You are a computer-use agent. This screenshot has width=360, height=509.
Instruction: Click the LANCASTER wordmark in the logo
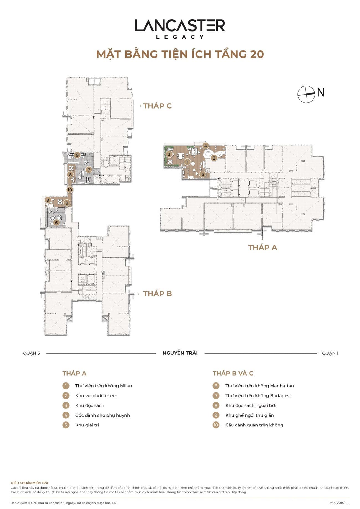180,25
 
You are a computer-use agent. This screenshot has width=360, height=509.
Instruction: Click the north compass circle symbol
306,94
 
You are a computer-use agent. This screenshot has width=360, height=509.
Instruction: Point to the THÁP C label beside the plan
157,106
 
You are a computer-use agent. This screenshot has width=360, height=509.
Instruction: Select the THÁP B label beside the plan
158,294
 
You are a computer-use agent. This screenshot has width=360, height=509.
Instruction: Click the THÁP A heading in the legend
74,373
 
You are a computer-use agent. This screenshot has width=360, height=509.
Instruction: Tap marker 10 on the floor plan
70,190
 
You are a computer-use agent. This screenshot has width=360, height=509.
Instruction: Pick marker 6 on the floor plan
56,222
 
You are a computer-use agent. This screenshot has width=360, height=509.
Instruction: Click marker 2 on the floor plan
214,158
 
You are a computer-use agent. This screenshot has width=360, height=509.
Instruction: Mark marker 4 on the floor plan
205,146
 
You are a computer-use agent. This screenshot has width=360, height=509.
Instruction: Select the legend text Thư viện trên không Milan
104,386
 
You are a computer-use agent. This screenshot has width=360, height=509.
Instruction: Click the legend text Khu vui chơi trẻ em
96,395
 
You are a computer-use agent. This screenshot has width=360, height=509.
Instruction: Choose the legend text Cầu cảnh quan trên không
254,425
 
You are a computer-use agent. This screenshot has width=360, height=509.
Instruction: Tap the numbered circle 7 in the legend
216,396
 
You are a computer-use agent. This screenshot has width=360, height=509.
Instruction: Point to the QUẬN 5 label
32,353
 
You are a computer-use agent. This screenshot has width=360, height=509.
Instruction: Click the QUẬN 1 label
330,353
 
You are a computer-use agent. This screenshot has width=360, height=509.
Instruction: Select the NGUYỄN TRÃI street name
180,353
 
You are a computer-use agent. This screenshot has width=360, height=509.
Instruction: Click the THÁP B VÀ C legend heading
233,373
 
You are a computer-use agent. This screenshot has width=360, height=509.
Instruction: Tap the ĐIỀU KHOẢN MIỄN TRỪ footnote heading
29,483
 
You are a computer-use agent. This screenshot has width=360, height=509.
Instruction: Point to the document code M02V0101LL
339,503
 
